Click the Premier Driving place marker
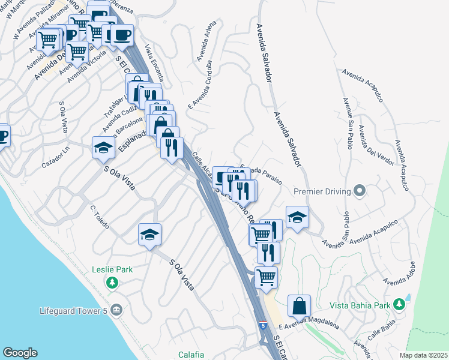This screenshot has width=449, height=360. point(360,192)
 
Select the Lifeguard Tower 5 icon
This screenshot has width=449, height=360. point(116,310)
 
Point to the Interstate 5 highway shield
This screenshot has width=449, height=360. point(263,325)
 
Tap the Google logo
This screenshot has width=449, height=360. point(20,353)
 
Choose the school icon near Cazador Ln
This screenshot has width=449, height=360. point(103,147)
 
